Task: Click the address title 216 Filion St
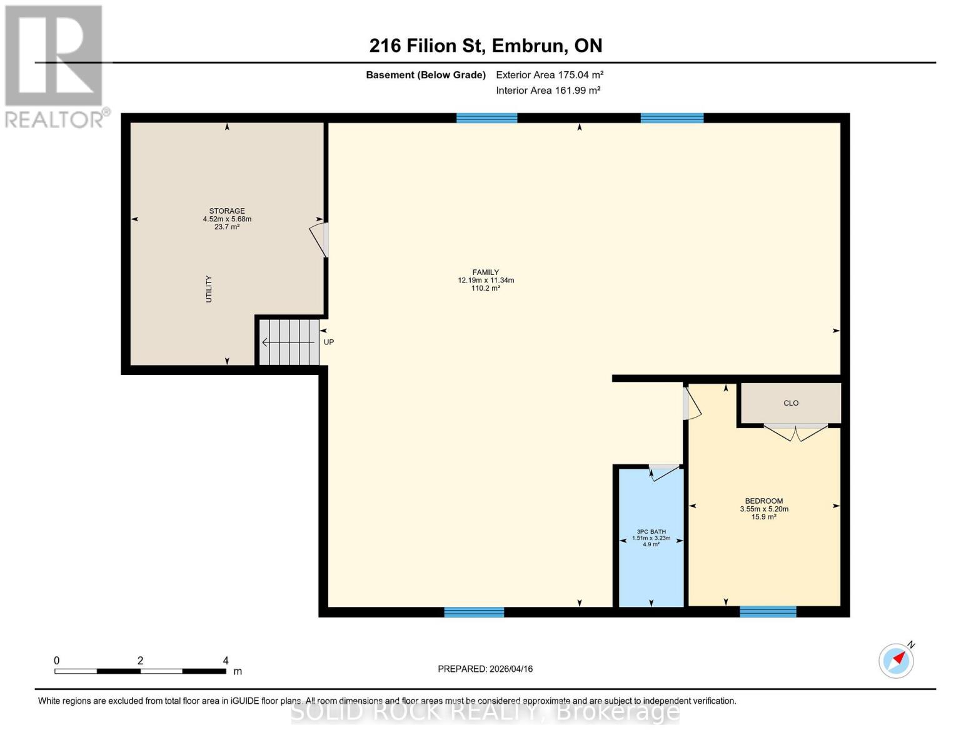click(486, 46)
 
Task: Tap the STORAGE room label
click(227, 211)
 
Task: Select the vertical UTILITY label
click(209, 289)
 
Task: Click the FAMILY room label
click(486, 272)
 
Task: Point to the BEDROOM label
click(763, 501)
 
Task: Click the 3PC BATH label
click(651, 532)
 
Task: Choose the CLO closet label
click(791, 403)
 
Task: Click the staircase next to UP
click(289, 342)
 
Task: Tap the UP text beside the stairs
click(329, 342)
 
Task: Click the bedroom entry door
click(692, 403)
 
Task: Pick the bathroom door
click(664, 472)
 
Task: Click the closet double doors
click(796, 432)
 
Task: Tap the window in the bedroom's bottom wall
click(768, 611)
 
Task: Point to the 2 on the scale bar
click(140, 661)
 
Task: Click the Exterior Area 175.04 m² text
click(550, 75)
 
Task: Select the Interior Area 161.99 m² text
click(548, 91)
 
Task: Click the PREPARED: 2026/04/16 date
click(485, 669)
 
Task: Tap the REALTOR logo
click(54, 66)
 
